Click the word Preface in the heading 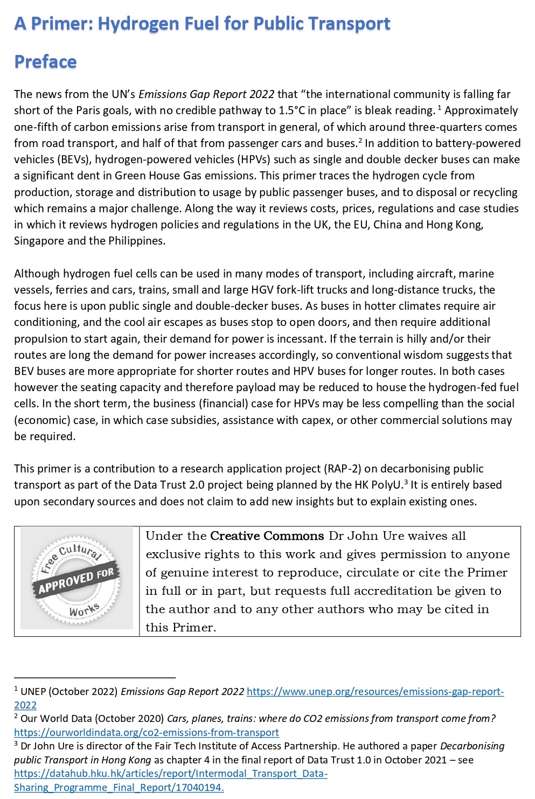coord(45,62)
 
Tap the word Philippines coord(136,241)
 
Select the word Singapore coord(39,241)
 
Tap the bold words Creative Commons coord(267,536)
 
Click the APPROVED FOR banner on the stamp coord(76,580)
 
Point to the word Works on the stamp coord(84,609)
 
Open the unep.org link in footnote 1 coord(375,692)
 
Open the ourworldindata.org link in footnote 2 coord(146,733)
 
